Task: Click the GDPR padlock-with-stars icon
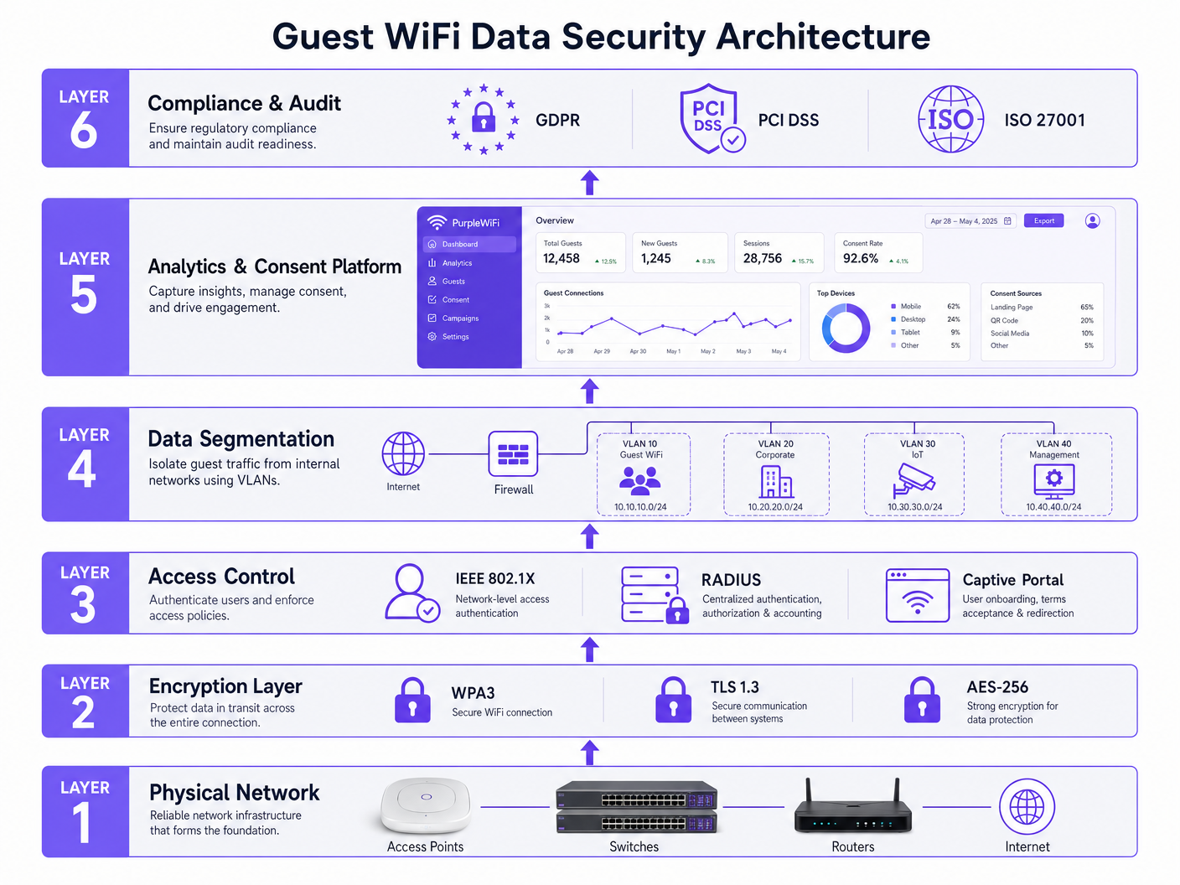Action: click(484, 119)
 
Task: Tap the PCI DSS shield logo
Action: click(709, 118)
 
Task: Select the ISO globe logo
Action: click(950, 119)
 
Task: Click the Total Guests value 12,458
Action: click(562, 259)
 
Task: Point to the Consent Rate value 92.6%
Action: click(861, 259)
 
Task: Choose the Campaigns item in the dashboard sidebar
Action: click(460, 318)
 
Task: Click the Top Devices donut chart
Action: click(846, 328)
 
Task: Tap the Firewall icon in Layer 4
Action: click(513, 454)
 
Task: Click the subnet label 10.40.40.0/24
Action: click(1053, 507)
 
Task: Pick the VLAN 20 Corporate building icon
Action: click(776, 482)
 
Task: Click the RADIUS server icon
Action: click(651, 594)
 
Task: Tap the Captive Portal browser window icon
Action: click(918, 595)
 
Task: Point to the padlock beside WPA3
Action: click(412, 701)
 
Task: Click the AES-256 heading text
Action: click(997, 687)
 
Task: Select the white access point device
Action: click(426, 805)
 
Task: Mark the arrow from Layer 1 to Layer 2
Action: click(590, 753)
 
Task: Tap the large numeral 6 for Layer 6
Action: click(84, 131)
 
